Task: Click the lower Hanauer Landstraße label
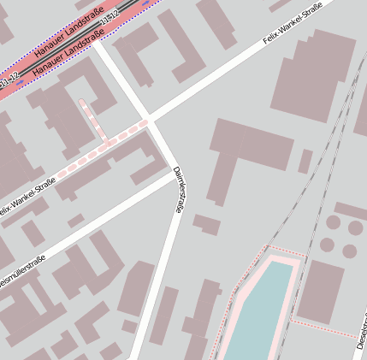(x=69, y=57)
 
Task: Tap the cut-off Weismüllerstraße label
(x=21, y=274)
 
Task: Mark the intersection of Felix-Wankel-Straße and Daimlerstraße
(x=151, y=119)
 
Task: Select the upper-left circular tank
(x=334, y=223)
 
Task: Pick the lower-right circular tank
(x=350, y=251)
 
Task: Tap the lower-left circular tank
(x=327, y=245)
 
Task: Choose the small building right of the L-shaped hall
(x=305, y=161)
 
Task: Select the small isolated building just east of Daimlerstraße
(x=206, y=225)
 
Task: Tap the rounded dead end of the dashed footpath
(x=83, y=103)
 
